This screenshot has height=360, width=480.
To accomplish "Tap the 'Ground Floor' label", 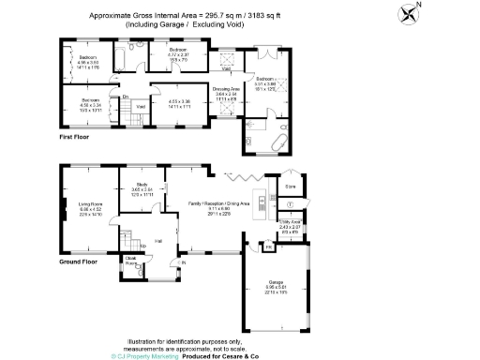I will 78,262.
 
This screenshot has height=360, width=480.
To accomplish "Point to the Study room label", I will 142,187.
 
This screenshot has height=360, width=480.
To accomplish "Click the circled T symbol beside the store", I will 292,203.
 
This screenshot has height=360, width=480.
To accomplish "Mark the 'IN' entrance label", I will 184,262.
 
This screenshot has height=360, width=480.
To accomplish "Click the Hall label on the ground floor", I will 158,241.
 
